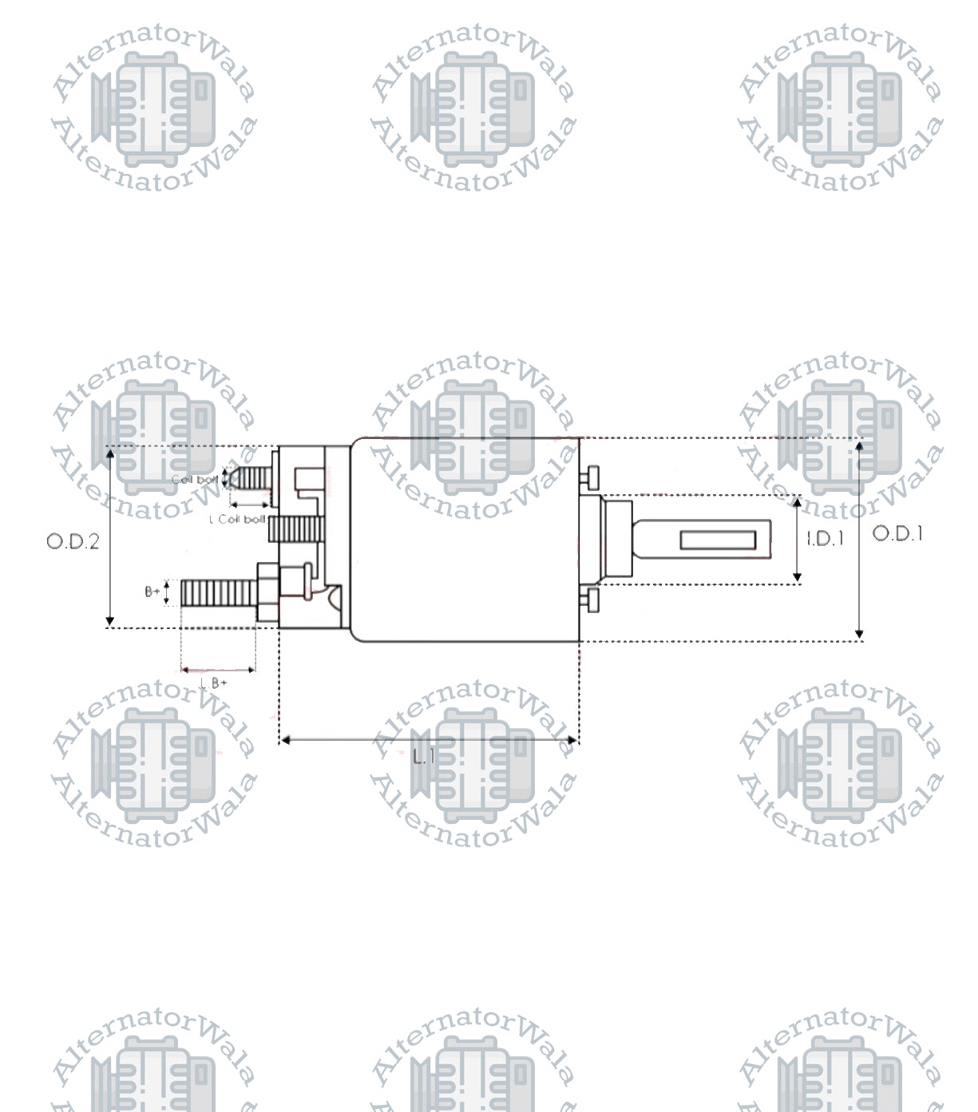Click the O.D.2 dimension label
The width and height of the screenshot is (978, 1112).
click(73, 541)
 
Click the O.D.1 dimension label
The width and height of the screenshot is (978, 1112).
click(897, 533)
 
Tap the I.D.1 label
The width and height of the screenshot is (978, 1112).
click(825, 539)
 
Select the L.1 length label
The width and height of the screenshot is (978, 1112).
click(425, 756)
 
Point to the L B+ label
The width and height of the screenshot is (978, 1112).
click(214, 683)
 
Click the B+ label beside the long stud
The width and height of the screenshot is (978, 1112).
click(152, 592)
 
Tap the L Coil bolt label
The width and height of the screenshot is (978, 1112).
click(237, 520)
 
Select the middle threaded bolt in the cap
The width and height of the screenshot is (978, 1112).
click(297, 529)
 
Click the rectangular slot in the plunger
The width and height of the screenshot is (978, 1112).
click(718, 540)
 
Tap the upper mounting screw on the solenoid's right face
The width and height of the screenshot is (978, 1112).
click(590, 477)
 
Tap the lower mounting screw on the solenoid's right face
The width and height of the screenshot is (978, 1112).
click(590, 601)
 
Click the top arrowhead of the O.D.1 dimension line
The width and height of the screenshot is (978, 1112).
click(859, 445)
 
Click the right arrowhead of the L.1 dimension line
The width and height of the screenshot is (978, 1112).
click(572, 741)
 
